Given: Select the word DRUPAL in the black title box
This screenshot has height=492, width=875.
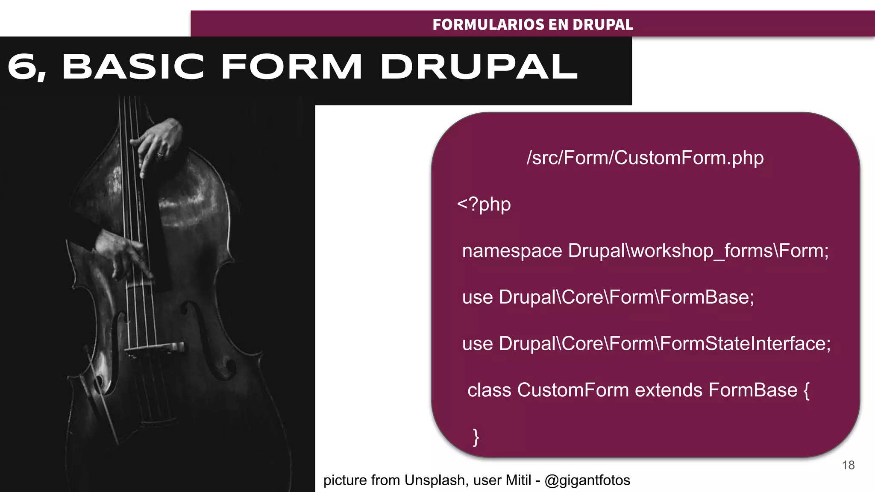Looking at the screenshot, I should point(479,67).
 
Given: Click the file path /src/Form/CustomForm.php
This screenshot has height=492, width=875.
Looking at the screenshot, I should point(645,158).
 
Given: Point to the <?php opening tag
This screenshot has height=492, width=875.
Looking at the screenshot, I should point(484,204).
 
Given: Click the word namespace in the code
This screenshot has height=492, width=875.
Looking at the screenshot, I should point(512,251).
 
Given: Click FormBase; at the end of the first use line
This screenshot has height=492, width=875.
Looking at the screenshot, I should point(707,297).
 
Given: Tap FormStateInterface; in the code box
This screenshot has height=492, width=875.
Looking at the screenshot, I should point(745,344).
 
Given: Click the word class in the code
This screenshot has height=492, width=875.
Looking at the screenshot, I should point(489,390).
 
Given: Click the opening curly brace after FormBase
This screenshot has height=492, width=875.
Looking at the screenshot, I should point(806,390).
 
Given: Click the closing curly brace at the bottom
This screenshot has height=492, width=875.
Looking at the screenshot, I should point(476,437).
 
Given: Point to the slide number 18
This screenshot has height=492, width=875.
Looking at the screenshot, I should point(848,465).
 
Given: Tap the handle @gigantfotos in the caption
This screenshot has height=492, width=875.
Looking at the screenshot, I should point(587,480).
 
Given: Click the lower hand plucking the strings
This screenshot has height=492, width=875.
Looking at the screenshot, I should point(124,252).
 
